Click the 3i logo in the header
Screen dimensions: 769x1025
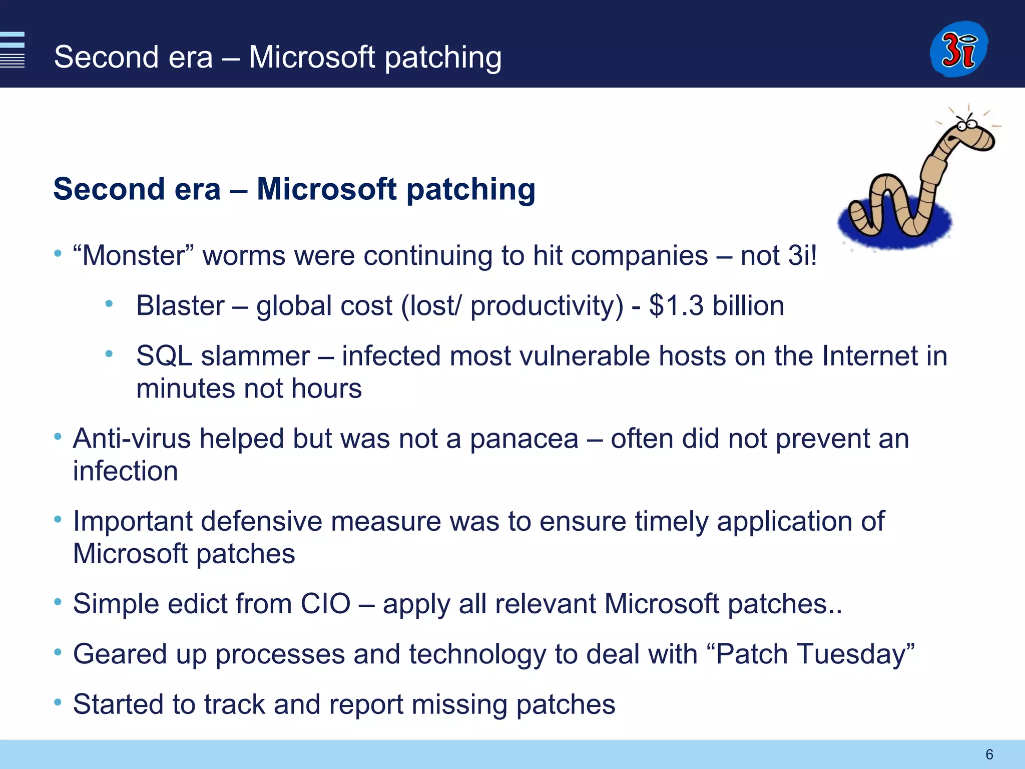click(958, 49)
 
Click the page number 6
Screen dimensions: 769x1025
click(989, 754)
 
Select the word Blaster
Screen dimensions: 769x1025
click(180, 305)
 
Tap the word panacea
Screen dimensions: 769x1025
click(524, 439)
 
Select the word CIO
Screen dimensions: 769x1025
click(325, 604)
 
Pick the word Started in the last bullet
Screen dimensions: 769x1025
click(118, 704)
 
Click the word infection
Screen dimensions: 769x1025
click(125, 471)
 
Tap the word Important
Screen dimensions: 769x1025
click(132, 521)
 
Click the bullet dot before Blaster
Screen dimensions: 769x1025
click(109, 303)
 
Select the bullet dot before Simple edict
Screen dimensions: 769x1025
click(58, 602)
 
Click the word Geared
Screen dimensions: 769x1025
click(120, 654)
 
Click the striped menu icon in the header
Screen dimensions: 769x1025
click(12, 49)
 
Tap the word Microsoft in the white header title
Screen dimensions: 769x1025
click(311, 57)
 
